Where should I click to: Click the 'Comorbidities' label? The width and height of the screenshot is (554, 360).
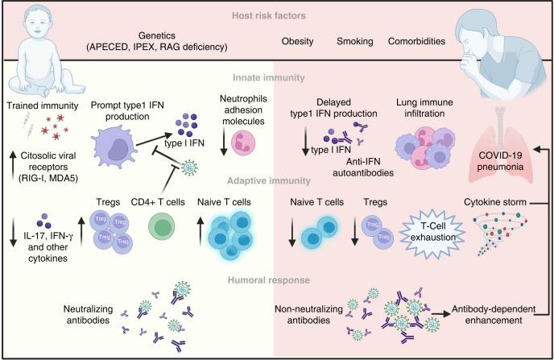pos(420,40)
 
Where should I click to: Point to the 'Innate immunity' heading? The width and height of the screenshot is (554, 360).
pos(276,77)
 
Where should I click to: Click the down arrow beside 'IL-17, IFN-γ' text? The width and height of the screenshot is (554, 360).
pos(13,229)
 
